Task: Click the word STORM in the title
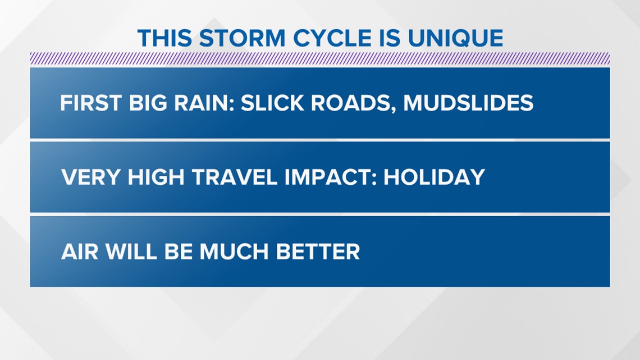click(242, 38)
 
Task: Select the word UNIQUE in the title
click(455, 38)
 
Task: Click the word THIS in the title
click(165, 38)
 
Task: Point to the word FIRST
click(90, 102)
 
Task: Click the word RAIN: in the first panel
click(204, 102)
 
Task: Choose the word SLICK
click(272, 102)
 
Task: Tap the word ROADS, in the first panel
click(353, 103)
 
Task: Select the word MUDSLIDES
click(468, 102)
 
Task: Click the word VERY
click(90, 177)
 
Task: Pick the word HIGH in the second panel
click(156, 177)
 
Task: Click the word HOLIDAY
click(434, 177)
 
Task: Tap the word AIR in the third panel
click(80, 252)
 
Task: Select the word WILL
click(131, 252)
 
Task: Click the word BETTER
click(318, 252)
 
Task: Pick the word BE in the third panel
click(178, 252)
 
